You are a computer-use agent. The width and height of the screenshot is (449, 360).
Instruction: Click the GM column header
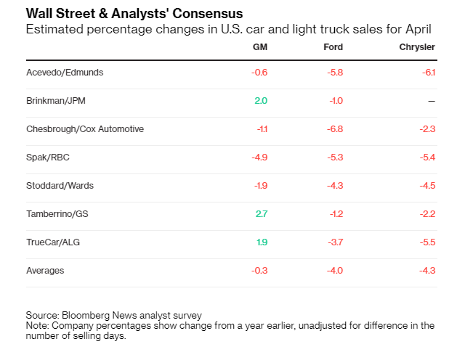point(259,47)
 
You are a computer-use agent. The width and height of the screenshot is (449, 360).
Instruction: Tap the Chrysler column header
point(417,47)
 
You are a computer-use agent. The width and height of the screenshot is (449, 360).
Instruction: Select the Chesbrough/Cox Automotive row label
point(85,129)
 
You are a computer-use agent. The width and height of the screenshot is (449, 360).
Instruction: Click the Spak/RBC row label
point(47,157)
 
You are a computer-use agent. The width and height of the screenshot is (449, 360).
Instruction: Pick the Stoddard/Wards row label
point(60,186)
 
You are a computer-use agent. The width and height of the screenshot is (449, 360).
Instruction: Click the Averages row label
point(45,271)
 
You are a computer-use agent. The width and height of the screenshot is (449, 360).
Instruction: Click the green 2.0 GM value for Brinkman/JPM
point(261,101)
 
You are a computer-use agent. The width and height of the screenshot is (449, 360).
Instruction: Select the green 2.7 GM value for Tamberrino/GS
point(261,214)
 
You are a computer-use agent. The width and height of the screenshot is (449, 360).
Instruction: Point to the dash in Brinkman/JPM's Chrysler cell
point(432,101)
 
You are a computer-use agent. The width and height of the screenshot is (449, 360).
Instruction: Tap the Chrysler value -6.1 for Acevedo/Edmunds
point(428,73)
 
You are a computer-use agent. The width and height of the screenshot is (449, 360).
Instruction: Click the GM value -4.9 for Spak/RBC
point(259,157)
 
